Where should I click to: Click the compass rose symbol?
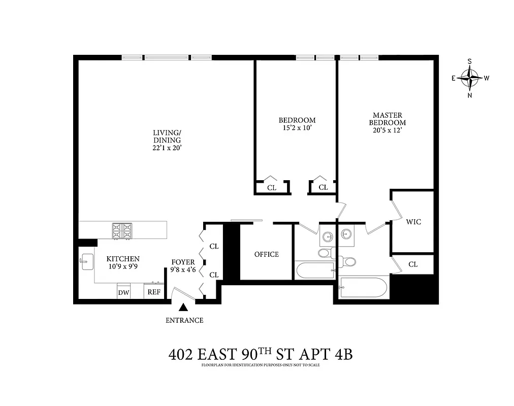[x=469, y=78]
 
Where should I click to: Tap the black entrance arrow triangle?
[x=183, y=308]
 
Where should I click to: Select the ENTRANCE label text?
[x=184, y=320]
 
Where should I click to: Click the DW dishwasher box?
[x=123, y=292]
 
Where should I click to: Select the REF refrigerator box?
[x=153, y=292]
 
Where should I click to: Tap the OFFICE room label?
[x=267, y=254]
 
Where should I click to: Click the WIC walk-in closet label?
[x=413, y=222]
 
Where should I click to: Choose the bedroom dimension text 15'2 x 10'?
[x=297, y=128]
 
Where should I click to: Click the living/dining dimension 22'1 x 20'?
[x=167, y=148]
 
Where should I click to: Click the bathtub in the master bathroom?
[x=363, y=287]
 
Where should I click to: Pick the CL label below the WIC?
[x=413, y=264]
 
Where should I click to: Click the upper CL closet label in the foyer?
[x=214, y=246]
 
